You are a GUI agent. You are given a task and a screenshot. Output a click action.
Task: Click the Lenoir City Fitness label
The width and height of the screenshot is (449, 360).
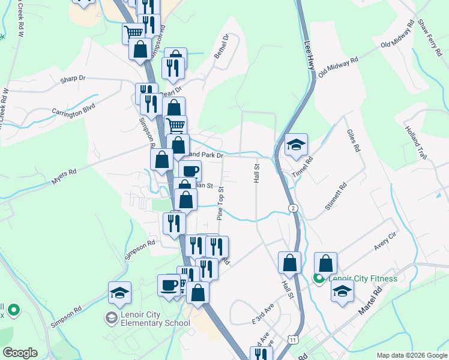363,278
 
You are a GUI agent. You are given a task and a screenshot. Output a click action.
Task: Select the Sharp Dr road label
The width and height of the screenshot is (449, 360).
73,79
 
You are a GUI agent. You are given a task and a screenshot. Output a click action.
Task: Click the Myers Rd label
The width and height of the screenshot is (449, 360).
64,172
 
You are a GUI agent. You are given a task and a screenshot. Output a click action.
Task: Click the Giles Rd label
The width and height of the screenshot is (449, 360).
354,139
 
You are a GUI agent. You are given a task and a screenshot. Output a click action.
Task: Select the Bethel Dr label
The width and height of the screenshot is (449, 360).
225,46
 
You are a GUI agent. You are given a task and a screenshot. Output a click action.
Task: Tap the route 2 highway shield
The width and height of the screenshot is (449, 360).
292,208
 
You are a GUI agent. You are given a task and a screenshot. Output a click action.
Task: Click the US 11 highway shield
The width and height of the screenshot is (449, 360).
292,339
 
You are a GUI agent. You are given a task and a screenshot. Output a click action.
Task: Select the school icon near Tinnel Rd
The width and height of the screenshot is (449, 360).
296,145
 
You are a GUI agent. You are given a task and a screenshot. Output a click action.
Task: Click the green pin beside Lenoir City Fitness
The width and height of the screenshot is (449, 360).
319,278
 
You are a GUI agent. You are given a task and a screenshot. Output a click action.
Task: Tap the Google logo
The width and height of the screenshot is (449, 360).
20,352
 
